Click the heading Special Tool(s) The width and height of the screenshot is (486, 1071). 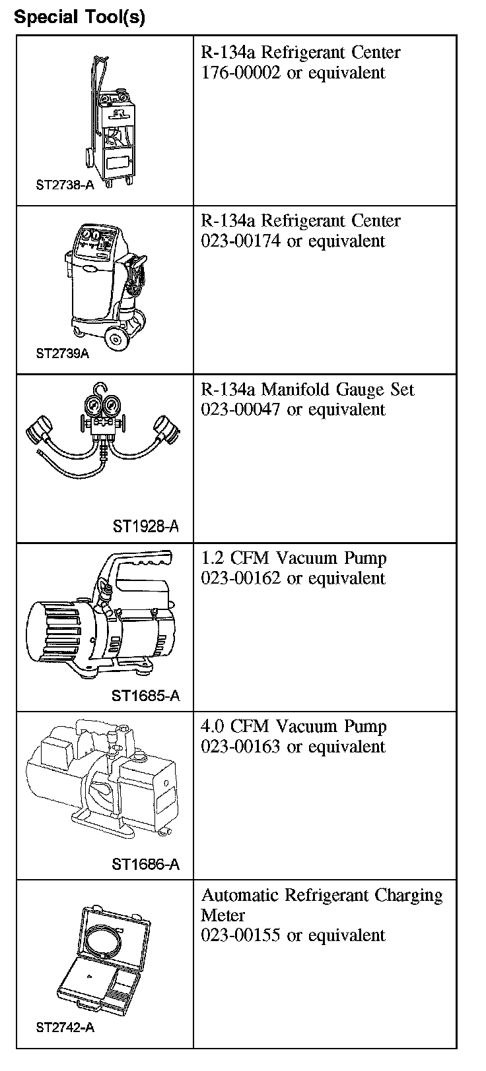click(79, 17)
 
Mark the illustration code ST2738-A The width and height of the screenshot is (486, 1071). click(65, 185)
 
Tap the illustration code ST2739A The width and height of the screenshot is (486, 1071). click(63, 353)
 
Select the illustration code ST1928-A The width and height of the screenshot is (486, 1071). click(145, 526)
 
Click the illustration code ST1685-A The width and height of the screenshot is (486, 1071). click(145, 696)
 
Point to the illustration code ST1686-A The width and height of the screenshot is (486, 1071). click(145, 865)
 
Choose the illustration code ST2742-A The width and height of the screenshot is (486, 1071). click(65, 1028)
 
